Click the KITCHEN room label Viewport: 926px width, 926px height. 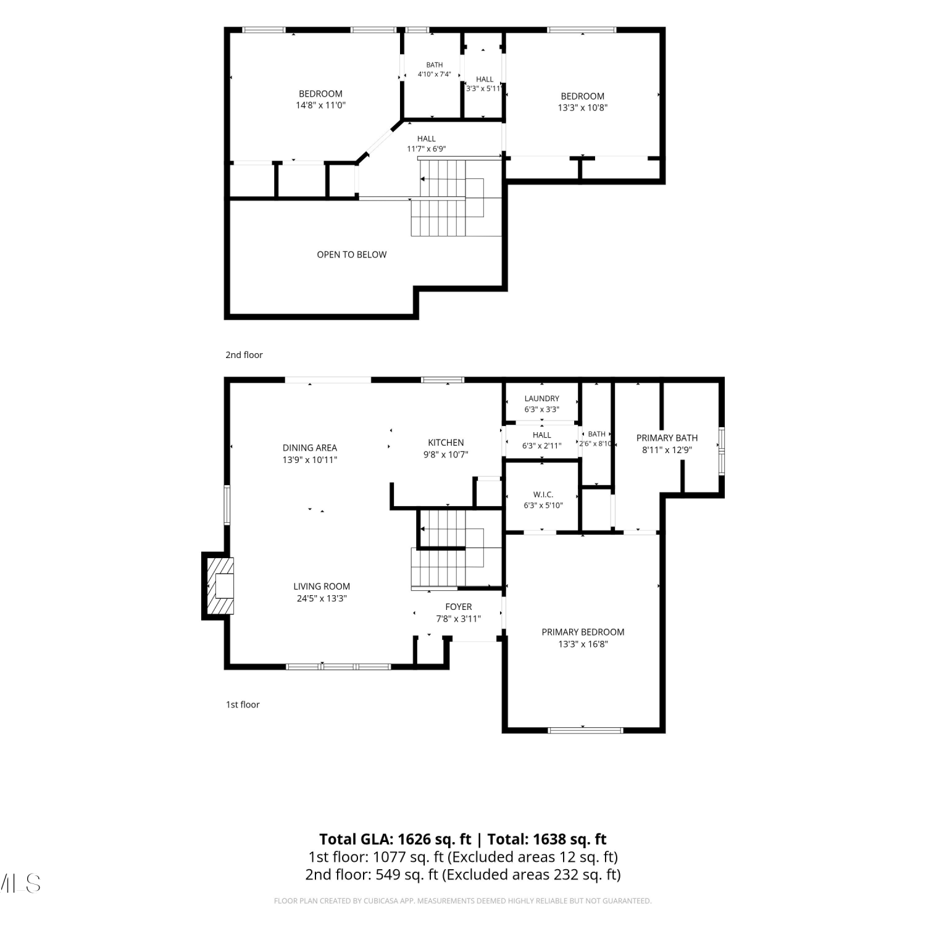tap(446, 443)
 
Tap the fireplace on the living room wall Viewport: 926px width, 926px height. tap(218, 585)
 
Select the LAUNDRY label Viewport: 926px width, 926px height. tap(542, 399)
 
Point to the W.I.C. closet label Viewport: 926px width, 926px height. tap(543, 494)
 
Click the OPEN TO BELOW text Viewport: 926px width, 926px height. tap(352, 254)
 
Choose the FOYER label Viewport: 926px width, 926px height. tap(459, 607)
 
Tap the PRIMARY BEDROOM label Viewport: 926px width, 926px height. tap(583, 632)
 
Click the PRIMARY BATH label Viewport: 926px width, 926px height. tap(667, 438)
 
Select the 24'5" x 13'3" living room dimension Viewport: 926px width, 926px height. tap(322, 598)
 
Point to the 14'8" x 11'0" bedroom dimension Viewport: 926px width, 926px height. tap(320, 105)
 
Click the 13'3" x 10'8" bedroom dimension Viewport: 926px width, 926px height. tap(583, 107)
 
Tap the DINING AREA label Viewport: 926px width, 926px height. tap(310, 448)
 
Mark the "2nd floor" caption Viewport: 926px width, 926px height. tap(244, 355)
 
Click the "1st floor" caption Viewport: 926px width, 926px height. tap(243, 704)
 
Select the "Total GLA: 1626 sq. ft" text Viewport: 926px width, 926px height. tap(395, 840)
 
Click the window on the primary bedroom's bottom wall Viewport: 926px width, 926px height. tap(585, 730)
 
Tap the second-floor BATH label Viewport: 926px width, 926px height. tap(435, 65)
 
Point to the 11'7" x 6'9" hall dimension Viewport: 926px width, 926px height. tap(426, 149)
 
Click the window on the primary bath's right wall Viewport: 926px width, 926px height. tap(721, 451)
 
